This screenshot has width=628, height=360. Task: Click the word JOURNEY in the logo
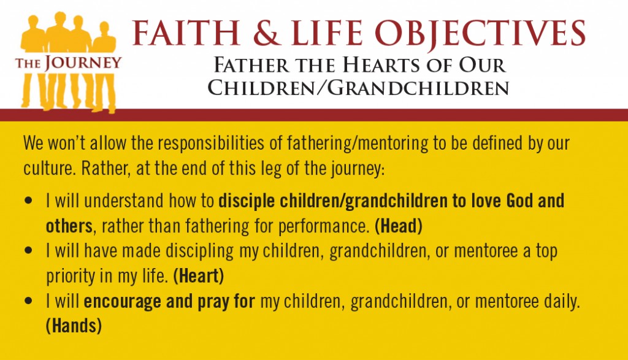tap(83, 63)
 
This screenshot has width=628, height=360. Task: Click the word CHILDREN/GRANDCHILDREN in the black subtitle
tap(358, 88)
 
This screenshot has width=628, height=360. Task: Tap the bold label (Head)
tap(399, 226)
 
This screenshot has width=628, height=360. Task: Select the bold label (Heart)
tap(198, 277)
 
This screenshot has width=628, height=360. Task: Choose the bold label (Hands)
tap(74, 326)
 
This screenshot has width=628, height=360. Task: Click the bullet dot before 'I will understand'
tap(28, 200)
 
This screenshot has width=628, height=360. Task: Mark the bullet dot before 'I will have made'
tap(28, 250)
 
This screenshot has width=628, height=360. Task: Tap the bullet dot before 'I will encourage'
tap(28, 301)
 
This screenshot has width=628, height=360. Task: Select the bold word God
tap(519, 201)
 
